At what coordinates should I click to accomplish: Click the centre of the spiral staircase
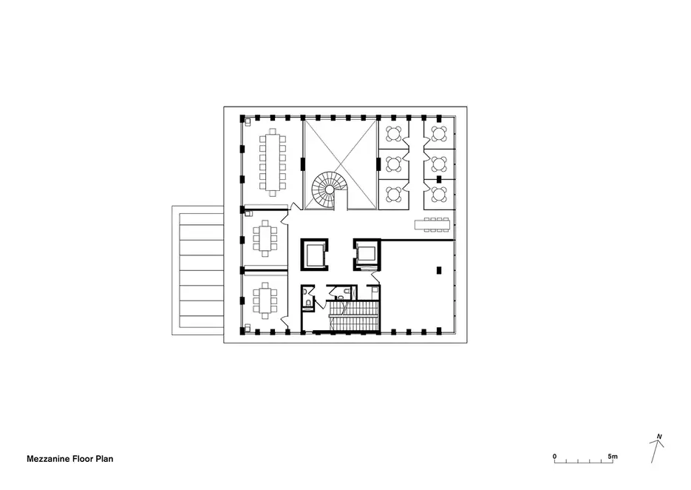click(329, 189)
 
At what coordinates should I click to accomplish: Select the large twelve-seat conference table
click(273, 162)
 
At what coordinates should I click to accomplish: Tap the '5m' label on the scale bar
click(613, 457)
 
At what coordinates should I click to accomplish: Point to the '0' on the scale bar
click(555, 457)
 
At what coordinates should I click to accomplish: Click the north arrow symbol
click(656, 448)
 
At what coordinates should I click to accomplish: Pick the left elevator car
click(315, 255)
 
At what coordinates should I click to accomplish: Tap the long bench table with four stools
click(432, 225)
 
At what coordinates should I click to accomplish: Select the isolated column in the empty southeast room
click(439, 270)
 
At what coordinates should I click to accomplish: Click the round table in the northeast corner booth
click(439, 133)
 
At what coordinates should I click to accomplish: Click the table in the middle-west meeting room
click(265, 238)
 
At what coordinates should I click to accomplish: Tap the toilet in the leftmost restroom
click(307, 302)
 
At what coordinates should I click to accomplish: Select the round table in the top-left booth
click(393, 133)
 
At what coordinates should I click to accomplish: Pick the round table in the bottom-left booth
click(393, 193)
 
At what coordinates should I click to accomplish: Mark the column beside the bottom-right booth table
click(439, 179)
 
